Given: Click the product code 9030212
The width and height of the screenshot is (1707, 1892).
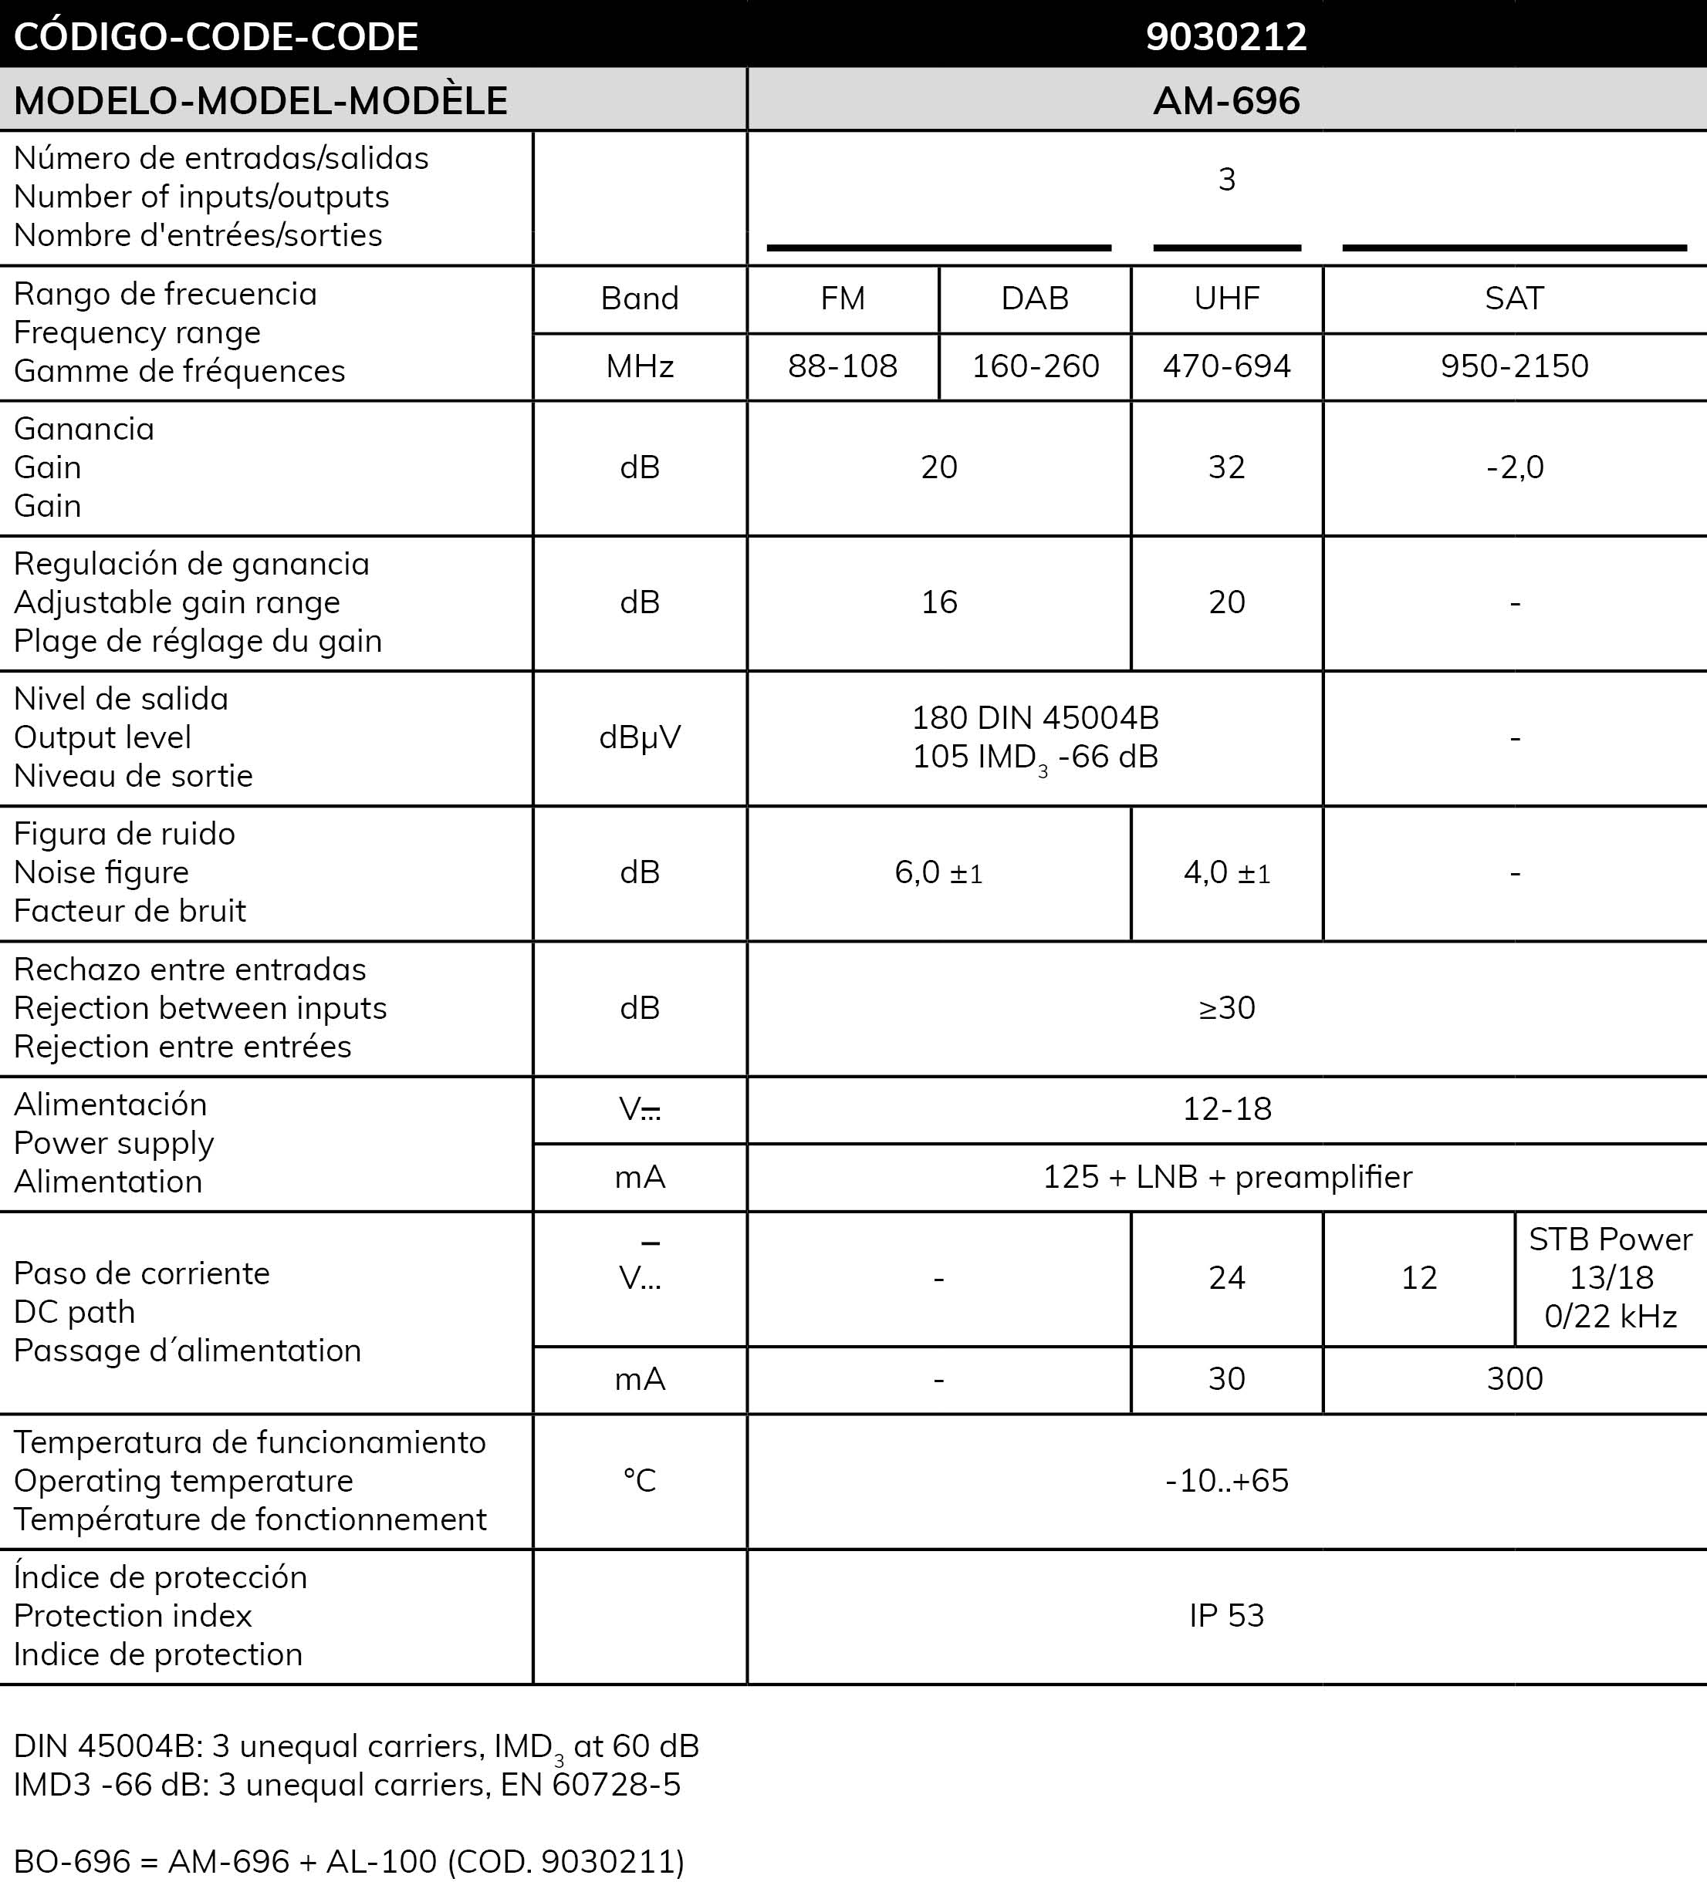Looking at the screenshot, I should click(x=1226, y=36).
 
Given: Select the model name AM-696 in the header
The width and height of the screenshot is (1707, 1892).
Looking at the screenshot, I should click(x=1226, y=100).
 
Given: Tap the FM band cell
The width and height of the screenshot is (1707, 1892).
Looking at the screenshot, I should click(x=842, y=298).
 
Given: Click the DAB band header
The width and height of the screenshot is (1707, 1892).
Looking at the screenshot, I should click(x=1035, y=298).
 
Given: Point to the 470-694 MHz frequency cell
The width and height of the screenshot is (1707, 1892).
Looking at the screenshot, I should click(x=1226, y=366).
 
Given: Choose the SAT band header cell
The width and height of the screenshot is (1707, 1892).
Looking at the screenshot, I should click(x=1514, y=298).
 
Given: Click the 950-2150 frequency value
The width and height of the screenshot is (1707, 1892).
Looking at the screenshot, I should click(x=1514, y=366).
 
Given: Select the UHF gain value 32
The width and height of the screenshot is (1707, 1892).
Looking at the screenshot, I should click(x=1226, y=467).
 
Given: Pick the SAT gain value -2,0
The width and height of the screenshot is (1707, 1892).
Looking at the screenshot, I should click(x=1514, y=467).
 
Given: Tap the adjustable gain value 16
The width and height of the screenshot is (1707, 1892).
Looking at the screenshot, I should click(x=939, y=602).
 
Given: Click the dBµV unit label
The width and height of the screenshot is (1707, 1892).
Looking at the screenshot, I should click(x=640, y=737).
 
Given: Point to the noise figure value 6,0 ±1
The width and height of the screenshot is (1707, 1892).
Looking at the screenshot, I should click(x=939, y=873).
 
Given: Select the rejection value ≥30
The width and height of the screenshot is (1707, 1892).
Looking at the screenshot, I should click(x=1226, y=1008).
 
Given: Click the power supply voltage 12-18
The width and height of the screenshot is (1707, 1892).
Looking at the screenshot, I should click(x=1226, y=1109).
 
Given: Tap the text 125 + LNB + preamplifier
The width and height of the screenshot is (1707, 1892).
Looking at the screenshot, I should click(x=1227, y=1177).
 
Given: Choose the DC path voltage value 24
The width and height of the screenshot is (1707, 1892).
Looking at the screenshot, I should click(x=1226, y=1278).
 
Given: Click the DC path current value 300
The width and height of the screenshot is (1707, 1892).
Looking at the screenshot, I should click(x=1514, y=1379).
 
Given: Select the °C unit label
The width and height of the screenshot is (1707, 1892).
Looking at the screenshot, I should click(x=640, y=1480).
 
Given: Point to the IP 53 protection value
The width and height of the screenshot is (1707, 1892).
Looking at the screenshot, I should click(x=1226, y=1615).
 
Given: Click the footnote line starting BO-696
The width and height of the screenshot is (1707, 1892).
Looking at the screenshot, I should click(x=349, y=1861).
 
